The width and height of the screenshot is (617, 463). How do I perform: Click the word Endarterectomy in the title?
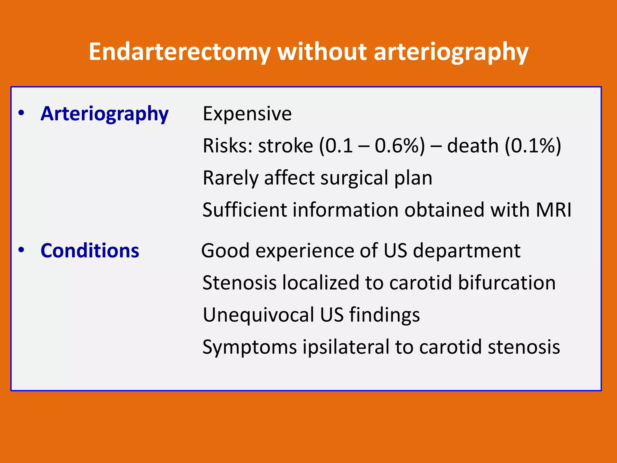click(x=180, y=52)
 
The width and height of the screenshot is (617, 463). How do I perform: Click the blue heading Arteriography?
click(x=105, y=114)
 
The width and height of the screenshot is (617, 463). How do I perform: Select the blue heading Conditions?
click(x=90, y=251)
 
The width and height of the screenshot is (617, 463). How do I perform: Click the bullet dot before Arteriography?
click(x=21, y=113)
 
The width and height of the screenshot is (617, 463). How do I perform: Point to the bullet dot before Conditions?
click(x=21, y=250)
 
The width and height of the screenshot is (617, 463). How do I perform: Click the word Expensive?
click(x=247, y=114)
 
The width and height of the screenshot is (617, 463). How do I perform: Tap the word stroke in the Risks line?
click(x=285, y=146)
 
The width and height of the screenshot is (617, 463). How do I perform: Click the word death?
click(x=472, y=146)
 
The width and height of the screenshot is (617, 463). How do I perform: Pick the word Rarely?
click(x=230, y=178)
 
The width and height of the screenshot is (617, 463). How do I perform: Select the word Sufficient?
click(x=244, y=210)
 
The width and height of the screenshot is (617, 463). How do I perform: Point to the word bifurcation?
click(x=507, y=283)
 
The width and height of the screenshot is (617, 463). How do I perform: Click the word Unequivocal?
click(x=258, y=315)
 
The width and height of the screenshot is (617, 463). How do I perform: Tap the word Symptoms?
click(x=250, y=347)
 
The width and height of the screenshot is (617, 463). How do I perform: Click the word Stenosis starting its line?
click(x=239, y=283)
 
